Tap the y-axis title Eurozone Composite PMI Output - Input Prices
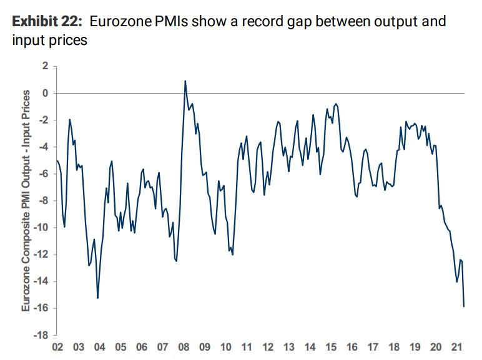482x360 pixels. pos(26,200)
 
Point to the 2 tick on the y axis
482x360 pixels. pos(44,66)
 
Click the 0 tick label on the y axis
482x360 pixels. pos(44,93)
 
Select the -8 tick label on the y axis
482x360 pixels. pos(42,201)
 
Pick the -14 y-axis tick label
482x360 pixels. pos(40,281)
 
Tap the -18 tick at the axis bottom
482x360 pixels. pos(40,335)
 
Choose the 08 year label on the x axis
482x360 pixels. pos(184,347)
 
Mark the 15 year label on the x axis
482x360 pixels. pos(331,347)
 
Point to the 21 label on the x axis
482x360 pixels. pos(457,347)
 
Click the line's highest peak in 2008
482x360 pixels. pos(185,80)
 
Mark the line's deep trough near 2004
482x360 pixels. pos(97,298)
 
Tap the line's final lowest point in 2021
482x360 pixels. pos(464,306)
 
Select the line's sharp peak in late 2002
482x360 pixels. pos(70,119)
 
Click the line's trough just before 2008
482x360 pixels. pos(176,261)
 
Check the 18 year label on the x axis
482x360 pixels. pos(394,347)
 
